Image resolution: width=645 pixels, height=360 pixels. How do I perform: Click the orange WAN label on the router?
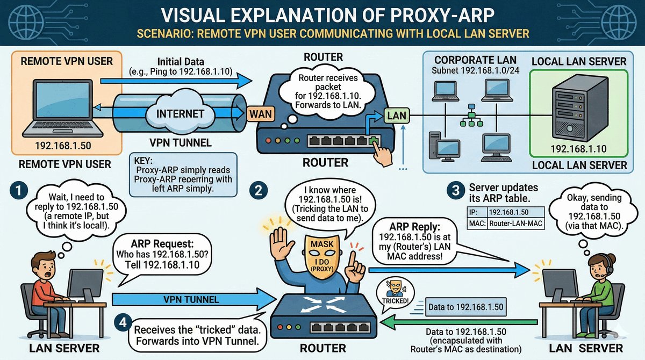click(261, 114)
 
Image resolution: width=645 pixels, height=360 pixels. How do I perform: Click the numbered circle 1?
click(18, 191)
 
